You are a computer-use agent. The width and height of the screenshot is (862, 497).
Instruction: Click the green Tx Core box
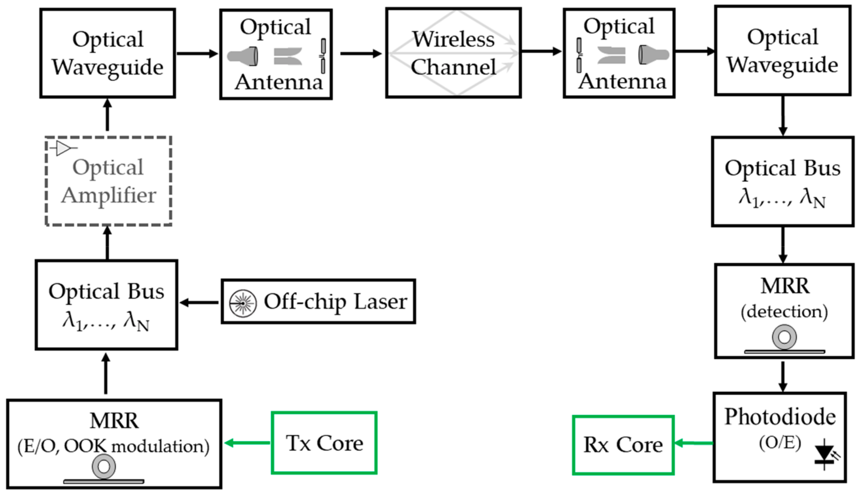pos(324,443)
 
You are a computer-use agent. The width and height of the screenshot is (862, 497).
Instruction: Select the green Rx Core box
pos(623,445)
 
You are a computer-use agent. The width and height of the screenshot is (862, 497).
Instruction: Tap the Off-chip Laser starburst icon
pos(243,303)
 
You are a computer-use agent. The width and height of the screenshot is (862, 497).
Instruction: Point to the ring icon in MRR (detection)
pos(784,337)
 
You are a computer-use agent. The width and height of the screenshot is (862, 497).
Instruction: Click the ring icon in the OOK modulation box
pos(104,466)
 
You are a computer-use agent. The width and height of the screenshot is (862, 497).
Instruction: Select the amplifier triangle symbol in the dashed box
pos(64,148)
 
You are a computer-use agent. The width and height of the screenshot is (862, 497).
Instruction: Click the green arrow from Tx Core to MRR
pos(247,443)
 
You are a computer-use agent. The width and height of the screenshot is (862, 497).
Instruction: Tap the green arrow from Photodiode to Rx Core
pos(693,443)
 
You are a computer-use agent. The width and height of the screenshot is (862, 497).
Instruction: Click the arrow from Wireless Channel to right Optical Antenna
pos(541,52)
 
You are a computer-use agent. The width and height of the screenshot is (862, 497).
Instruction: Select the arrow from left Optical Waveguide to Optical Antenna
pos(197,53)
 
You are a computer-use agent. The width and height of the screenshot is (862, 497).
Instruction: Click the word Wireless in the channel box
pos(453,39)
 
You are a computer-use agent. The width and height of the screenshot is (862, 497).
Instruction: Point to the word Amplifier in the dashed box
pos(108,195)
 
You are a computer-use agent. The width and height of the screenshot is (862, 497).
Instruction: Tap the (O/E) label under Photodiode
pos(780,443)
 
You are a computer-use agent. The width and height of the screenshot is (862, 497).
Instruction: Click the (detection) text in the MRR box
pos(784,311)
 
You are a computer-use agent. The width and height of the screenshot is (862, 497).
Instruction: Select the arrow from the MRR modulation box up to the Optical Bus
pos(106,374)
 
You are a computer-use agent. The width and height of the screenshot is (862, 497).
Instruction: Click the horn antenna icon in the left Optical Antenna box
pos(243,56)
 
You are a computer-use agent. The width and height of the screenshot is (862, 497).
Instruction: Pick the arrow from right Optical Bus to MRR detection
pos(783,245)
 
